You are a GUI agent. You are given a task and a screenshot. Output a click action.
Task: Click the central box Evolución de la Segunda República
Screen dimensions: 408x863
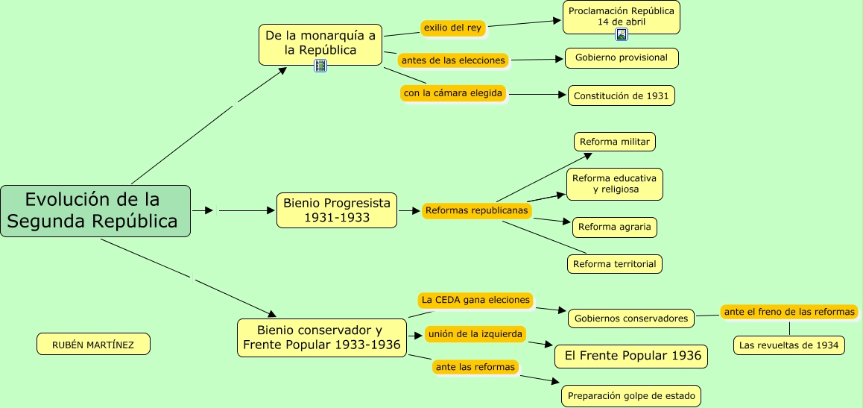tap(95, 211)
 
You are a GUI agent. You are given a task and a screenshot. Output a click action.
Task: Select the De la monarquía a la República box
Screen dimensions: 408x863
tap(320, 43)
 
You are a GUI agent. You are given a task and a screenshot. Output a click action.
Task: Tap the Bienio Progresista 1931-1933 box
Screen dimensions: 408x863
tap(337, 210)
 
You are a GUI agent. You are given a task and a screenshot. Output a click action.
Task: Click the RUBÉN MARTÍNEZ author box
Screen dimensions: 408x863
tap(93, 345)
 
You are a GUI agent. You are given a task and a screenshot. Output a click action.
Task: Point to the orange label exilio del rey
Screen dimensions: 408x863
tap(453, 28)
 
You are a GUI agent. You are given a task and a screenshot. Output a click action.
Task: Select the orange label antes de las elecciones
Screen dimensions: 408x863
tap(453, 60)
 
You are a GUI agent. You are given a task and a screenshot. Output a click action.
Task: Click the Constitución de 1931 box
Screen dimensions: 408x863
tap(622, 95)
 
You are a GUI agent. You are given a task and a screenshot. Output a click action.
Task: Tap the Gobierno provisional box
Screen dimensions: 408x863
tap(622, 58)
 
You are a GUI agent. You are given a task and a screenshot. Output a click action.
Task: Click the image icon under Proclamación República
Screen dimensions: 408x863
tap(622, 34)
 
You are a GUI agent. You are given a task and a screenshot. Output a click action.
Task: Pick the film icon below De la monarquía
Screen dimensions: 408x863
tap(320, 66)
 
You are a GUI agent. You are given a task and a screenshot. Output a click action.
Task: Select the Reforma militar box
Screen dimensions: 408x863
tap(615, 142)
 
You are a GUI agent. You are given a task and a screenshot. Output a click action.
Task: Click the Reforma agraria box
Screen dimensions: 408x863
tap(615, 227)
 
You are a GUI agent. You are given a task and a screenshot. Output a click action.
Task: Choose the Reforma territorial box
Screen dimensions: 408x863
tap(615, 264)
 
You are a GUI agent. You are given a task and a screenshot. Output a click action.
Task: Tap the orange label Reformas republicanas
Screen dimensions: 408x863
tap(477, 210)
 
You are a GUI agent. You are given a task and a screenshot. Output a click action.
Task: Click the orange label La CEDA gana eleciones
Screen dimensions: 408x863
tap(475, 300)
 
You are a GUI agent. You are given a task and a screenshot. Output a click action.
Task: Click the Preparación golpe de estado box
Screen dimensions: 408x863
tap(630, 396)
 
